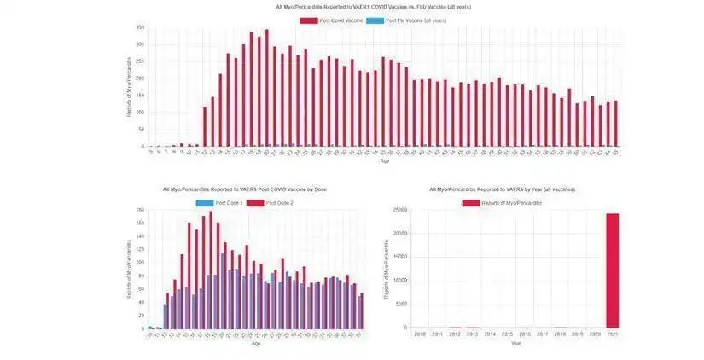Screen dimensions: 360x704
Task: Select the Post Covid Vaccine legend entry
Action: tap(336, 20)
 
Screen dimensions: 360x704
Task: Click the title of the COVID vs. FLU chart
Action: tap(373, 7)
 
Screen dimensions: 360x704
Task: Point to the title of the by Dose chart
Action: tap(244, 189)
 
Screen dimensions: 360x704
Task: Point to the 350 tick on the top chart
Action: tap(141, 27)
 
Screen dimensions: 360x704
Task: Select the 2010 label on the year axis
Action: tap(419, 334)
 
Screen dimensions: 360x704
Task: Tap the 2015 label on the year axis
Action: tap(507, 334)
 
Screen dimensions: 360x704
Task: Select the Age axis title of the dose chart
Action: tap(256, 344)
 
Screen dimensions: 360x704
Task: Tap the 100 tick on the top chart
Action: tap(141, 113)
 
